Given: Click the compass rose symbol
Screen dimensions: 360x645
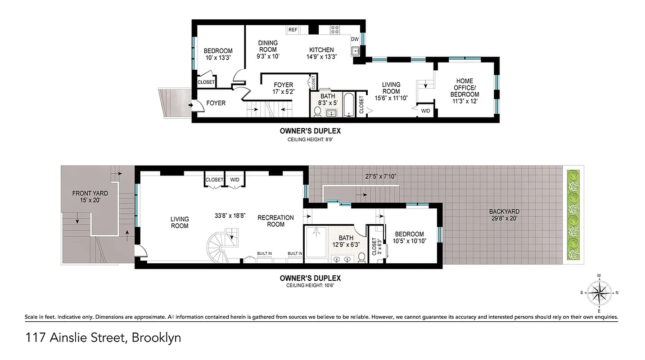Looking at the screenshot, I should point(599,292).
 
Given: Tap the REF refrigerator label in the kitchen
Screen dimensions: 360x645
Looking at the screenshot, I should point(293,30).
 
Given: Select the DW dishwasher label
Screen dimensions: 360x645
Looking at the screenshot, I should point(355,39).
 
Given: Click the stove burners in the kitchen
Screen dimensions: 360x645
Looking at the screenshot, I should point(335,30).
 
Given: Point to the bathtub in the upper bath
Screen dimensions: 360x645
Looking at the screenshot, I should point(349,104).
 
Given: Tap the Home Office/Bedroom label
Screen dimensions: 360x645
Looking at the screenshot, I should point(465,88).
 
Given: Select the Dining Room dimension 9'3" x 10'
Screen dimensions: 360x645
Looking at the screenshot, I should point(268,56).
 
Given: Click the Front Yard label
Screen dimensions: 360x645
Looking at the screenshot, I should point(90,197).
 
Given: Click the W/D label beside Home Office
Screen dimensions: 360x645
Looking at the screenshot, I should point(425,110).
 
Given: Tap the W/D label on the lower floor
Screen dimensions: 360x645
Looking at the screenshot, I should point(235,180).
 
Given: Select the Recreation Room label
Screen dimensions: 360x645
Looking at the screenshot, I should point(275,221).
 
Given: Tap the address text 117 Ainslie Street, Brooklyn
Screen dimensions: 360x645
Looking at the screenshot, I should point(103,337).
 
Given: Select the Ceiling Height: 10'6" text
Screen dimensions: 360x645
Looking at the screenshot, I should point(310,285).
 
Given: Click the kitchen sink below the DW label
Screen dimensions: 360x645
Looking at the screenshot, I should point(356,51).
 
